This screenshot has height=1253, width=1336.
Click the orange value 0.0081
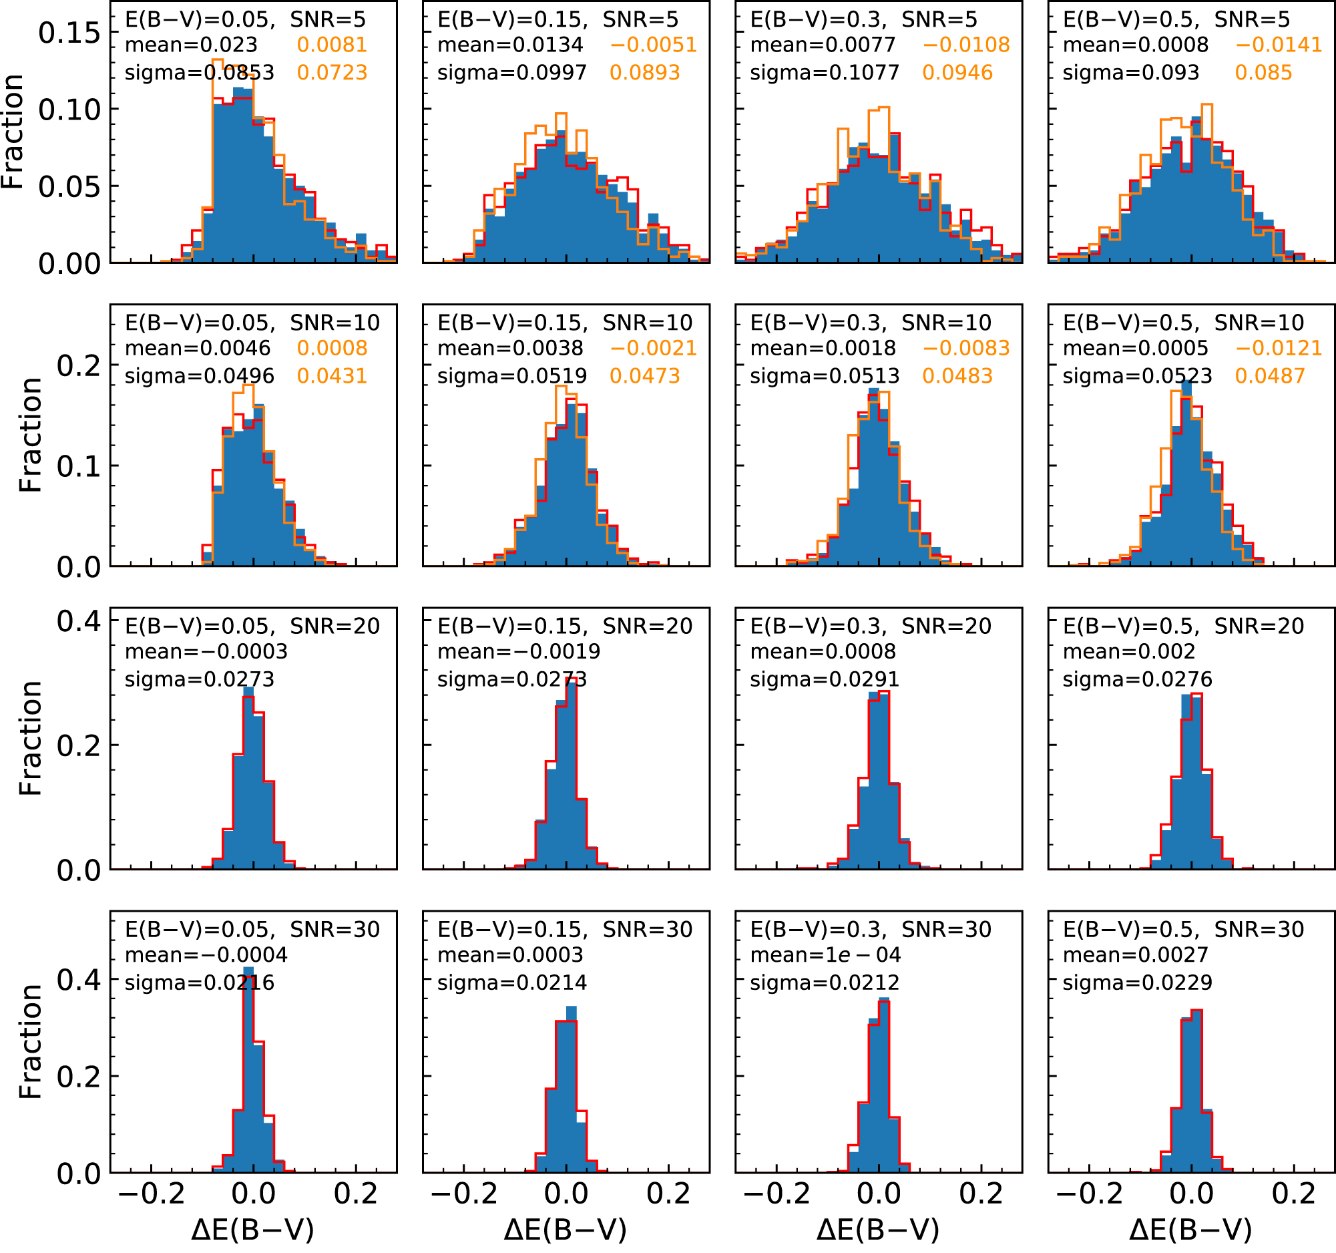[332, 45]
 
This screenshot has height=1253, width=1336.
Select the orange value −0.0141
[1279, 45]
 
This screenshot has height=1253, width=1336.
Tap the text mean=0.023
[192, 45]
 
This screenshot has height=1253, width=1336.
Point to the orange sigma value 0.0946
[957, 73]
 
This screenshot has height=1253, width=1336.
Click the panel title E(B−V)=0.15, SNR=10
[565, 323]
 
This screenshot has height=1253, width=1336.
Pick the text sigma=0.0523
[1137, 376]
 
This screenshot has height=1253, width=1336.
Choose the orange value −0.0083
[966, 348]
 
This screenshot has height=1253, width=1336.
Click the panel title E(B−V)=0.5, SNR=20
[1184, 626]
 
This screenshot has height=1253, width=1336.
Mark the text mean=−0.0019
[519, 651]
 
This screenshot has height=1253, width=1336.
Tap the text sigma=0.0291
[825, 680]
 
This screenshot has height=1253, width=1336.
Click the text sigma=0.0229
[1137, 982]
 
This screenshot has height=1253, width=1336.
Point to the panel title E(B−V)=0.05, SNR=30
[252, 930]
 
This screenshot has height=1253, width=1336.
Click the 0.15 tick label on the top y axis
[69, 32]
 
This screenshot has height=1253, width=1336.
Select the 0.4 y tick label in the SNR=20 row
[79, 621]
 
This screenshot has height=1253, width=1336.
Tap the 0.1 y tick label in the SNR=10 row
[79, 466]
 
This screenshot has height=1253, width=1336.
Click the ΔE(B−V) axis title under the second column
[565, 1230]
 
